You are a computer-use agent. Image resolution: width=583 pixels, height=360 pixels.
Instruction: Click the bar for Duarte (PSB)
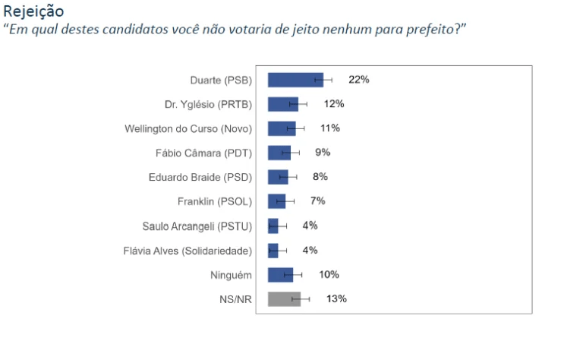pos(295,80)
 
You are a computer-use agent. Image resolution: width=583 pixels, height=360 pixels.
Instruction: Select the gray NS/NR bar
pos(284,299)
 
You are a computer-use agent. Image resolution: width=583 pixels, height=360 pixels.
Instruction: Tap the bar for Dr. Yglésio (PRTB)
pos(282,104)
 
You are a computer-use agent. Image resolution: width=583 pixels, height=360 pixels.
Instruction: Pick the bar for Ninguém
pos(280,275)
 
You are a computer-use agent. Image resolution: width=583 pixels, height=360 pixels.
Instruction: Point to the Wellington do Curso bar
pos(282,128)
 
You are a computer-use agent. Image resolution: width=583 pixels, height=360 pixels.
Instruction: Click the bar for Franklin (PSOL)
pos(276,201)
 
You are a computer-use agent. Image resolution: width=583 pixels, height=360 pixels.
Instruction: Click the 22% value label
pos(358,80)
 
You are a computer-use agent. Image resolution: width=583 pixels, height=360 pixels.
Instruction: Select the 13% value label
pos(336,299)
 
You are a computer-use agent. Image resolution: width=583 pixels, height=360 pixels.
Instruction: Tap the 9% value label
pos(323,153)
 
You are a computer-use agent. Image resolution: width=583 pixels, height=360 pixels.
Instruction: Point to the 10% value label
pos(329,275)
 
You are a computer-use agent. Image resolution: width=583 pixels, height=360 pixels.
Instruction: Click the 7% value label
pos(317,201)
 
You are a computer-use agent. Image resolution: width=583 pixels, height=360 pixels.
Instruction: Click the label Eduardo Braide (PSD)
pos(200,177)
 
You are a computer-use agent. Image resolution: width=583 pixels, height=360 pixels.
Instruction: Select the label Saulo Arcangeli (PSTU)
pos(197,226)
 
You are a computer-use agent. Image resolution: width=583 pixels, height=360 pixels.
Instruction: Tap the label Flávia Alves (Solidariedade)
pos(188,251)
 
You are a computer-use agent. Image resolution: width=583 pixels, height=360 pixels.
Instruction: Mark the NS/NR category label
pos(235,299)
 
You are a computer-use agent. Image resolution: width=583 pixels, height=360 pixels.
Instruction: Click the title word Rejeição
pos(33,11)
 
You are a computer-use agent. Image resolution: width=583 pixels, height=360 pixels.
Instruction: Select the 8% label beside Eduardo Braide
pos(320,177)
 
